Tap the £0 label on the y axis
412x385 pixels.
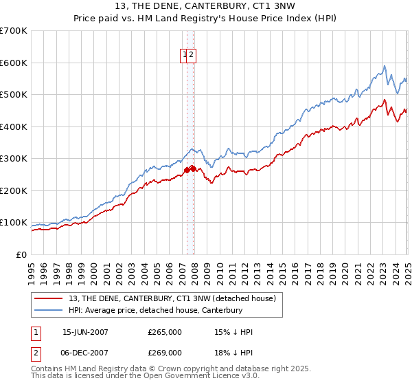pos(22,254)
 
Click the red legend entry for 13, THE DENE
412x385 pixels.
pos(172,298)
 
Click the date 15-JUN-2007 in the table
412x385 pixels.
pos(85,332)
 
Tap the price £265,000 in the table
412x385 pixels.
pos(165,332)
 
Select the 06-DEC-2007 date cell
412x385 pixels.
pos(85,353)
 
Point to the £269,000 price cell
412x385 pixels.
pos(165,353)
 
